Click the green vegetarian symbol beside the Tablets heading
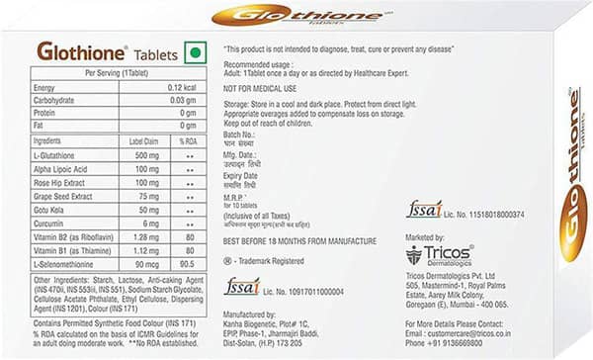pyautogui.click(x=196, y=51)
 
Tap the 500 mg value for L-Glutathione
pyautogui.click(x=145, y=156)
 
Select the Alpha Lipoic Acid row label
pyautogui.click(x=61, y=169)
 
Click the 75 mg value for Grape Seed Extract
pyautogui.click(x=146, y=196)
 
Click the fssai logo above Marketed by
pyautogui.click(x=425, y=211)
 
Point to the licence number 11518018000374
pyautogui.click(x=498, y=214)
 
